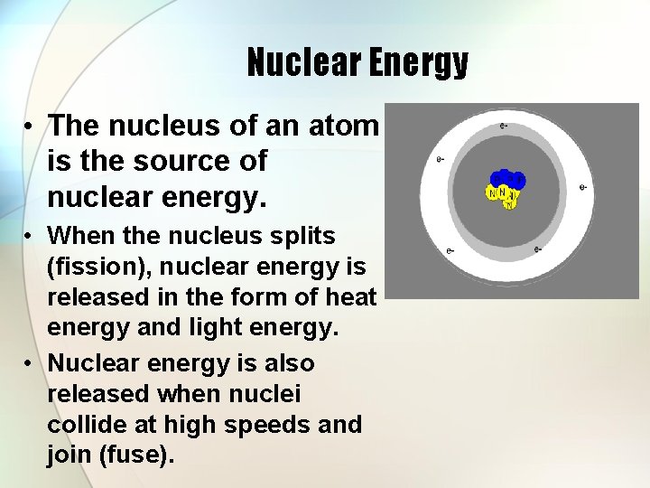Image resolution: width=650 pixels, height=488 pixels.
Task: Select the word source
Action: (x=179, y=161)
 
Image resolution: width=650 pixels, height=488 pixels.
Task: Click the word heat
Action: (x=350, y=296)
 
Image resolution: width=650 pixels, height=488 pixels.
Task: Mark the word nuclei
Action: (x=269, y=394)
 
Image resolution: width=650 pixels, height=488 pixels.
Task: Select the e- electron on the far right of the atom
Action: (x=582, y=188)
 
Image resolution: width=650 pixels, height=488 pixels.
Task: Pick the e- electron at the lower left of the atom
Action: (x=450, y=249)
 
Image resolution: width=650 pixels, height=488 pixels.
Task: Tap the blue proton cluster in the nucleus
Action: (x=508, y=179)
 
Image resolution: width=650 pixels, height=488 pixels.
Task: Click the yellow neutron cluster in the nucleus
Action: (x=502, y=195)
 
